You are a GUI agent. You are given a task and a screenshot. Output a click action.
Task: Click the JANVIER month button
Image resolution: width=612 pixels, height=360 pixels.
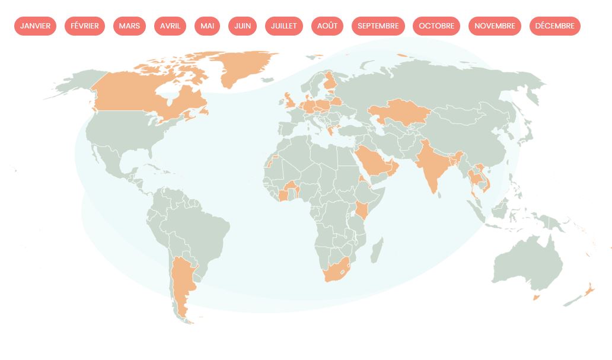point(35,26)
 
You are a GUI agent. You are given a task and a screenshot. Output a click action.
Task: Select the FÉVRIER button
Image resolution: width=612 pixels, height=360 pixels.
point(85,26)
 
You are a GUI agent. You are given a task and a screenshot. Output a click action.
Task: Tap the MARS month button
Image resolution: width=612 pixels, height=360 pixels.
point(129,26)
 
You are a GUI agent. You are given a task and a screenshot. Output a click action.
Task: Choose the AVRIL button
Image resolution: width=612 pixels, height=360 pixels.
point(170,26)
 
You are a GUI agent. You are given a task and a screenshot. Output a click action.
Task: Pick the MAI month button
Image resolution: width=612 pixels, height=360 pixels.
point(207,26)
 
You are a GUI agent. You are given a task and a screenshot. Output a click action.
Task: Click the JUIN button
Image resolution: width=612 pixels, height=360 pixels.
point(243,26)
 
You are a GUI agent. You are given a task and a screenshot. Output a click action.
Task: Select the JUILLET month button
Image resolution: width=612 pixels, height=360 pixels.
point(284,26)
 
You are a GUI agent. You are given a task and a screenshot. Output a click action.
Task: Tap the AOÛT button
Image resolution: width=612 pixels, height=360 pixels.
point(327,26)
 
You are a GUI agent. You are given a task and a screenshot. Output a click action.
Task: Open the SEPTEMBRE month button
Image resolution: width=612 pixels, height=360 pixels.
point(378,26)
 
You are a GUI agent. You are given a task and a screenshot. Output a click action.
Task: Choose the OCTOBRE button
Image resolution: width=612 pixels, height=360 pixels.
point(436,26)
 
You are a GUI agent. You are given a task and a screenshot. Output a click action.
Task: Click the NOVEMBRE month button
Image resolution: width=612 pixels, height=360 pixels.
point(495,26)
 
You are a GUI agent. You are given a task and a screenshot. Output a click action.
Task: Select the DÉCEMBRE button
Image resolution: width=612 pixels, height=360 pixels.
point(554,26)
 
